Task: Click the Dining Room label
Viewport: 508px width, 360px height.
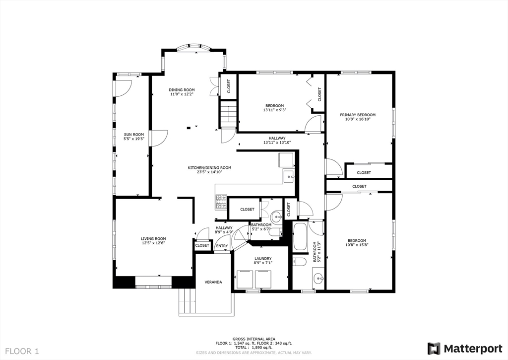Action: point(182,90)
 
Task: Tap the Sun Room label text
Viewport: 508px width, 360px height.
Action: point(134,135)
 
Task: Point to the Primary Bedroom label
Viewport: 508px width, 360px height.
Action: point(357,115)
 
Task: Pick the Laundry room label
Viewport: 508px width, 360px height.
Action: point(263,259)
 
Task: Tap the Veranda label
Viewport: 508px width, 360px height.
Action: point(213,282)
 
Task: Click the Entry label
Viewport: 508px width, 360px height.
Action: point(222,246)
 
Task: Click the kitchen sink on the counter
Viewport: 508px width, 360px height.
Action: point(288,176)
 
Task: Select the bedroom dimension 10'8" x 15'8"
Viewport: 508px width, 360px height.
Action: point(357,244)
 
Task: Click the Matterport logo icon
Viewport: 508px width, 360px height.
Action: point(434,348)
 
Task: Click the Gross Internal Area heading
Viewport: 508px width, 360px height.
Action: point(254,338)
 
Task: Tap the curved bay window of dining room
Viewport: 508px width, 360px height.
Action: point(193,48)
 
